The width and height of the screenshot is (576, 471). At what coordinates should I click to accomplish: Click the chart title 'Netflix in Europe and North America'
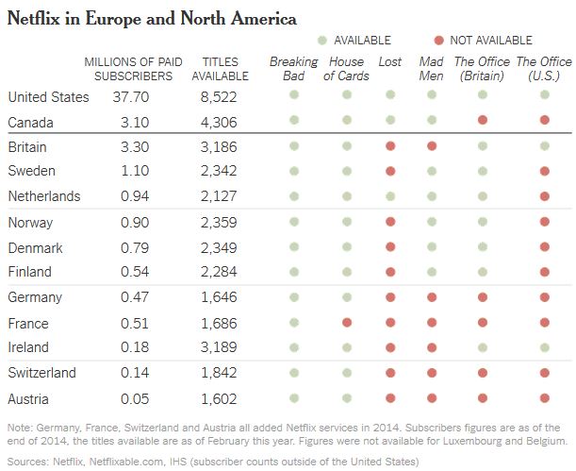[152, 18]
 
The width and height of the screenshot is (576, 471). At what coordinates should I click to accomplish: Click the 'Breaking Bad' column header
[293, 69]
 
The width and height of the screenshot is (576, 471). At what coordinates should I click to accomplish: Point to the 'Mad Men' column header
[432, 69]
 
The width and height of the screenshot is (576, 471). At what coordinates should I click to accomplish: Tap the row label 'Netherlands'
[43, 196]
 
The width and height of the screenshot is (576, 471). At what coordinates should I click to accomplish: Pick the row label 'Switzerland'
[42, 372]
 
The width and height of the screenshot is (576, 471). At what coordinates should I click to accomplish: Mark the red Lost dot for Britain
[389, 146]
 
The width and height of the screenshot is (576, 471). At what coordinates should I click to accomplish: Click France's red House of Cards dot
[347, 322]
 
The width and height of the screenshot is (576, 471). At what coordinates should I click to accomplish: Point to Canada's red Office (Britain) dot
[482, 121]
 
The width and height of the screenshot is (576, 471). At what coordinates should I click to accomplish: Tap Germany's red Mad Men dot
[432, 296]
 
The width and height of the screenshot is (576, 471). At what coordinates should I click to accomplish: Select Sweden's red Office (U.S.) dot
[544, 171]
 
